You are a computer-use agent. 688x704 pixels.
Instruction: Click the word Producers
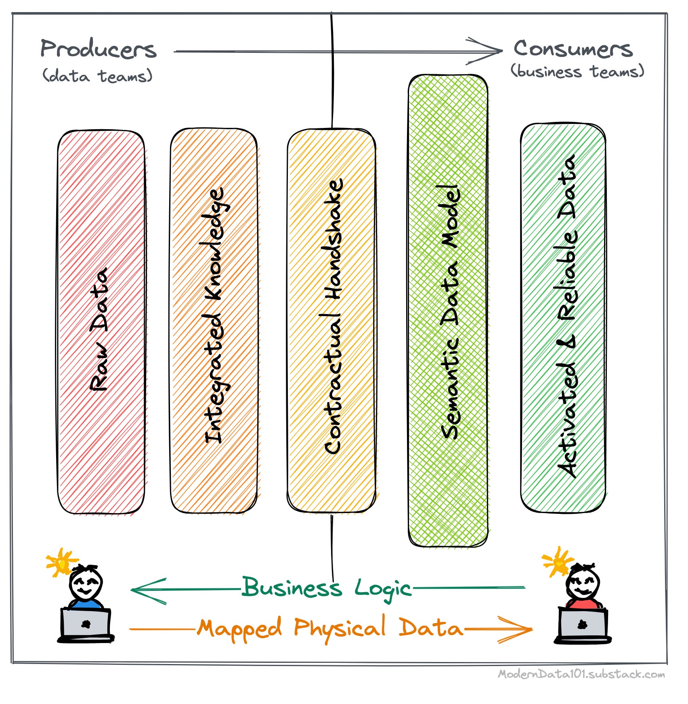[98, 50]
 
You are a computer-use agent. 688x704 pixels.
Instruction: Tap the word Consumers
[573, 49]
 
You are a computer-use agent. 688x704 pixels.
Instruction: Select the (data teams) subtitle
[97, 76]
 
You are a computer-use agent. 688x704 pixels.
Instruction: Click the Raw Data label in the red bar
[99, 329]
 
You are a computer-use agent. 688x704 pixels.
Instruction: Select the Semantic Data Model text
[450, 312]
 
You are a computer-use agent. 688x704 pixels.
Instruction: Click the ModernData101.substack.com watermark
[581, 674]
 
